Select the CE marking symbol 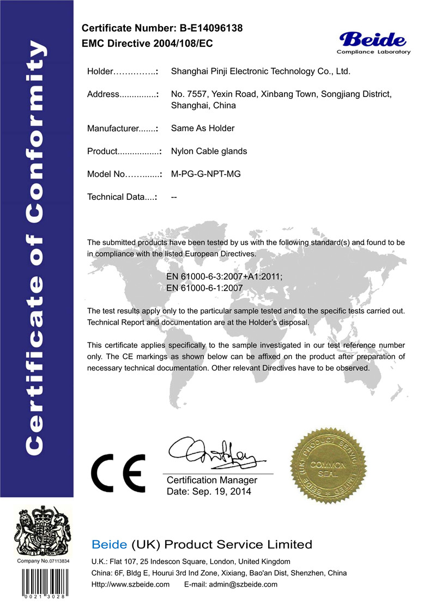tap(117, 472)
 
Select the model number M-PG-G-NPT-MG tap(205, 174)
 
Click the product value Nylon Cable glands tap(209, 151)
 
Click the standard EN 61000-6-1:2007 tap(204, 288)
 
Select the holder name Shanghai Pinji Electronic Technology tap(260, 71)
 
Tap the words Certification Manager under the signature tap(211, 480)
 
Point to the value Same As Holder tap(203, 129)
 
